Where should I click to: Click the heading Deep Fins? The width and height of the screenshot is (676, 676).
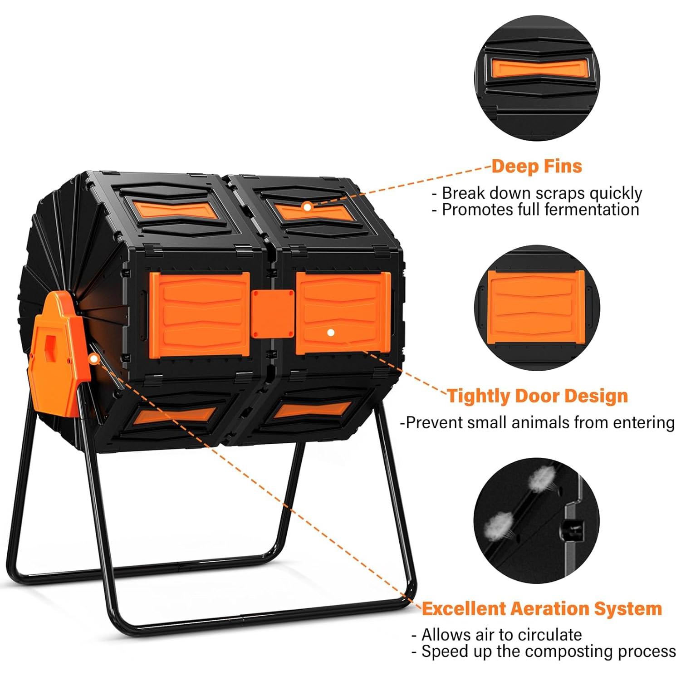[536, 167]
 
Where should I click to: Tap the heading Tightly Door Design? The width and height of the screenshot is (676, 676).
[537, 396]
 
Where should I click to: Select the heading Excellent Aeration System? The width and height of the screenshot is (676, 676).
[542, 608]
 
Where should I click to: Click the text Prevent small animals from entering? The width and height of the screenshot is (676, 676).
[537, 422]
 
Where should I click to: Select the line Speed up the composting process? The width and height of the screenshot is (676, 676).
[544, 651]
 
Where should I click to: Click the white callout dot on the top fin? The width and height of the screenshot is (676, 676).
[307, 207]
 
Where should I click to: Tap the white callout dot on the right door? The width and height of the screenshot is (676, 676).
[331, 333]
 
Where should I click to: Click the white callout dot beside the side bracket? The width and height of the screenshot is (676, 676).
[94, 359]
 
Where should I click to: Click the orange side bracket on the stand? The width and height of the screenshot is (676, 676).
[57, 354]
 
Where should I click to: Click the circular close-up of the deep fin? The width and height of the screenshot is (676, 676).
[538, 78]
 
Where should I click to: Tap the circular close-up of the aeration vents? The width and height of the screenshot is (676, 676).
[537, 521]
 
